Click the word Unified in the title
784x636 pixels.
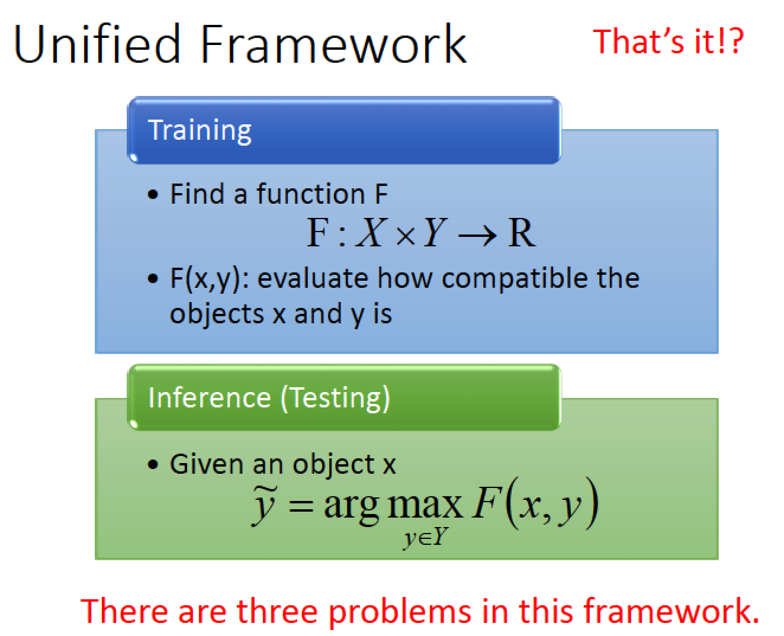tap(97, 44)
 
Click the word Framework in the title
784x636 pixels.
tap(333, 44)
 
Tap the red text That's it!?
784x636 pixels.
tap(669, 41)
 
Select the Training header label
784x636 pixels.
tap(200, 131)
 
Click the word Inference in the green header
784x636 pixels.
tap(210, 398)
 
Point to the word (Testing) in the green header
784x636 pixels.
tap(335, 399)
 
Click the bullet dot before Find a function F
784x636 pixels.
tap(152, 194)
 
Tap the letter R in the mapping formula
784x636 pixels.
tap(522, 232)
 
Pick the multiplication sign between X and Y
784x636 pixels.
tap(406, 236)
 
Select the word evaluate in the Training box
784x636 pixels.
tap(313, 278)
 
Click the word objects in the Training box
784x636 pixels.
tap(217, 314)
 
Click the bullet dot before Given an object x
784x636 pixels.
tap(152, 464)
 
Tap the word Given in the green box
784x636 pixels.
tap(207, 464)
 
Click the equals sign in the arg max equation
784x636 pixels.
tap(301, 506)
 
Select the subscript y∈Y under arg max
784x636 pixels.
tap(426, 538)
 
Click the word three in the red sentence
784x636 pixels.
tap(277, 611)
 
